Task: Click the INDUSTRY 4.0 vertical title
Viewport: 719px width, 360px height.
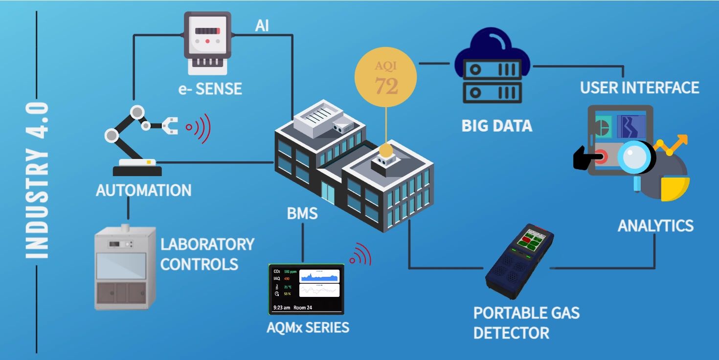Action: pos(37,180)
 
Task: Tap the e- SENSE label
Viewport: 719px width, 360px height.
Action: pos(210,89)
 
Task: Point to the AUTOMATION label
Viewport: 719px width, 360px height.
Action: pos(143,190)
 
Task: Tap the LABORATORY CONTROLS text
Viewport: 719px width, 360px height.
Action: pos(207,254)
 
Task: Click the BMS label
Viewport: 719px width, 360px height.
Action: pos(302,214)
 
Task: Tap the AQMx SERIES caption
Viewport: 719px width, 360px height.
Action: pos(308,327)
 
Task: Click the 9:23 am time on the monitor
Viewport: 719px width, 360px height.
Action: pos(281,308)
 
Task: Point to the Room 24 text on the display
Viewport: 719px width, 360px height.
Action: pos(303,308)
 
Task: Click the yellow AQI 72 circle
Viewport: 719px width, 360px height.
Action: pos(386,78)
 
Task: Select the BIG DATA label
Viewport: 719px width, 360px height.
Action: pos(496,126)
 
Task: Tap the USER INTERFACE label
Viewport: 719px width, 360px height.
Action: pos(639,88)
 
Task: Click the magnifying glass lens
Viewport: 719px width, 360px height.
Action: pos(634,156)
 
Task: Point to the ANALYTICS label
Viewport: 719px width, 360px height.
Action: pos(655,225)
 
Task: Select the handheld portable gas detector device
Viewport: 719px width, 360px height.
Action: pos(519,262)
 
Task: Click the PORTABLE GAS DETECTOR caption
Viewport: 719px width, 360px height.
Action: pos(526,323)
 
